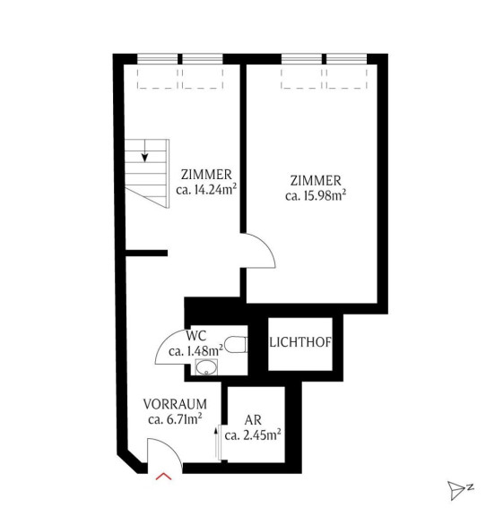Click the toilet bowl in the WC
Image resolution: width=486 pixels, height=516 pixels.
click(236, 345)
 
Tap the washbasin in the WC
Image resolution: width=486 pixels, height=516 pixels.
click(206, 367)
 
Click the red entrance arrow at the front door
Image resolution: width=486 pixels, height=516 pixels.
click(164, 477)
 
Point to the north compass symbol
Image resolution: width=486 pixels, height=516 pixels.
click(459, 490)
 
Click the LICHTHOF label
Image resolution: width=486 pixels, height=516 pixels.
click(300, 342)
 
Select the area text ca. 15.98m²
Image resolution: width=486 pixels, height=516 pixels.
click(316, 195)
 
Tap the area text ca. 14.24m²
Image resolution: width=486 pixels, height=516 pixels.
click(206, 189)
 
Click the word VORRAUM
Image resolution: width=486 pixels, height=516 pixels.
click(175, 404)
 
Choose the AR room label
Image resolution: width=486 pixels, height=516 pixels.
click(253, 420)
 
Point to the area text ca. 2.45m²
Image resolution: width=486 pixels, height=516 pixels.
click(253, 435)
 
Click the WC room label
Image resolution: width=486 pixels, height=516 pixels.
click(196, 336)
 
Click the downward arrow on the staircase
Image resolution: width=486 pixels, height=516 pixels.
click(144, 150)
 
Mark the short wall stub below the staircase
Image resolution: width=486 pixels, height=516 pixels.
click(147, 253)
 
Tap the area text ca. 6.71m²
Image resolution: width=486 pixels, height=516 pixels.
click(175, 419)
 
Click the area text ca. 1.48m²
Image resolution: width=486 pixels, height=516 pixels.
click(195, 351)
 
